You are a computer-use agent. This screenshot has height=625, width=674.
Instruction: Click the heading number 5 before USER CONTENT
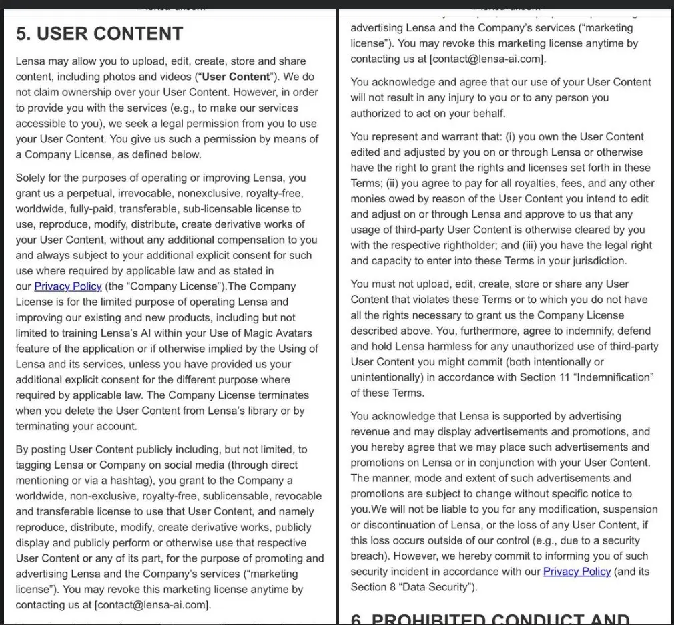coord(23,33)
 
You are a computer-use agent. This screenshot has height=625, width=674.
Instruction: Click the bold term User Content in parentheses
coord(236,77)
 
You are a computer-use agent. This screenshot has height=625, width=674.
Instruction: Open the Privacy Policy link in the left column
coord(67,286)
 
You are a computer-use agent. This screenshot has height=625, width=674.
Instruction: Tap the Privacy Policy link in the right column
coord(577,572)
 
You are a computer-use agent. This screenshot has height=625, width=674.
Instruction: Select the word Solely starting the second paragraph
coord(32,178)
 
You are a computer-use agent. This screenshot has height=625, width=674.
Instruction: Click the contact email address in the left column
coord(153,605)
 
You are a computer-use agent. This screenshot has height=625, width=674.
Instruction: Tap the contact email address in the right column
coord(488,59)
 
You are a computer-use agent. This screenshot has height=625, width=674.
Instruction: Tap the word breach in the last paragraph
coord(372,556)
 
